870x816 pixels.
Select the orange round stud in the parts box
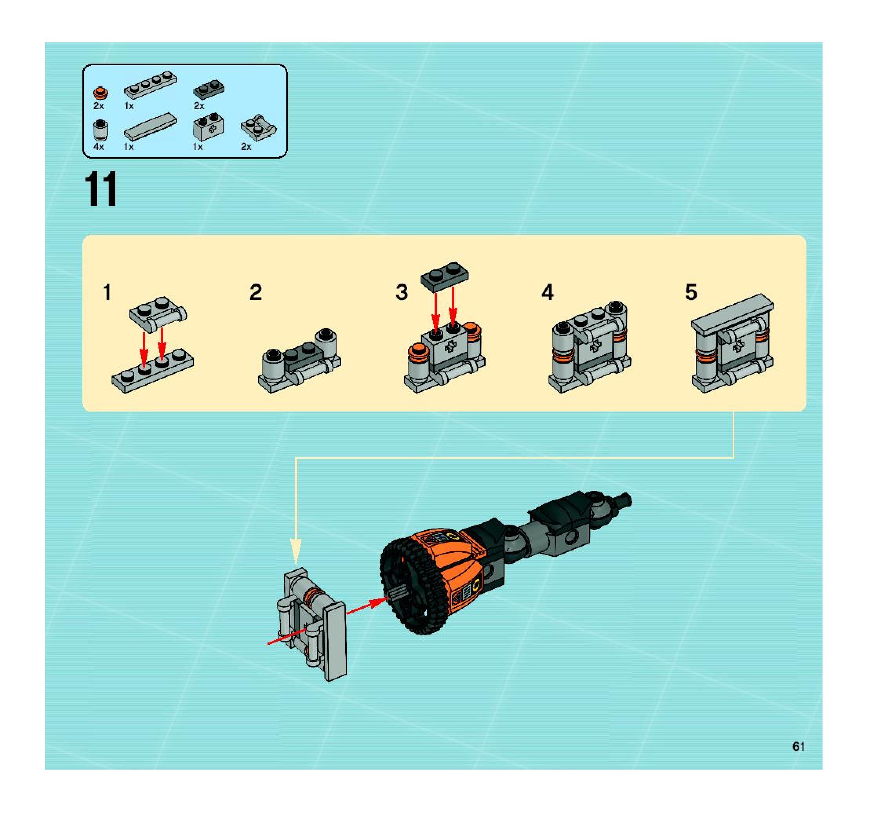(x=101, y=93)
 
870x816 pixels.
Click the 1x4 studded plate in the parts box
(x=151, y=85)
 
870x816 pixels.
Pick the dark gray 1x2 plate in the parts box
(x=209, y=90)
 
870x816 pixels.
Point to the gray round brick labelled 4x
(x=101, y=130)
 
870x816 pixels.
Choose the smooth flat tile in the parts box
(x=151, y=126)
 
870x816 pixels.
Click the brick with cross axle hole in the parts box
(x=209, y=127)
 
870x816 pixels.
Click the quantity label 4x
(x=98, y=147)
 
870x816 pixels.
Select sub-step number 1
(x=107, y=292)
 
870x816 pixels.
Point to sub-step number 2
(x=256, y=292)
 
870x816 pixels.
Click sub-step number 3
(x=401, y=292)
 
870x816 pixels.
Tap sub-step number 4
(x=548, y=292)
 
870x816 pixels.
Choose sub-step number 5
(x=691, y=292)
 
